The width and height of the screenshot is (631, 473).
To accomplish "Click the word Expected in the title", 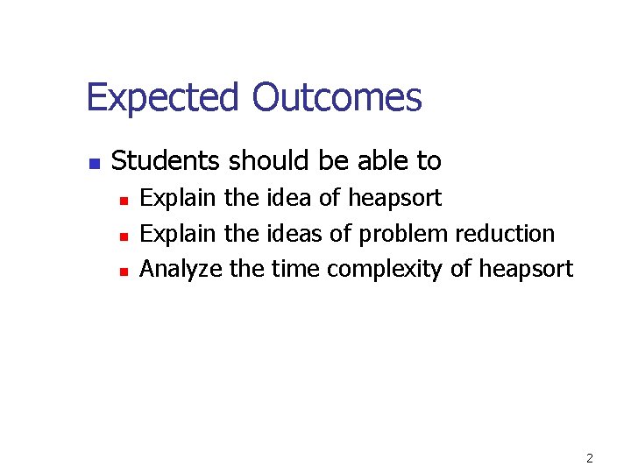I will pyautogui.click(x=163, y=98).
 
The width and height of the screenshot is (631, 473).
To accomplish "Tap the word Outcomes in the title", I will pyautogui.click(x=337, y=98).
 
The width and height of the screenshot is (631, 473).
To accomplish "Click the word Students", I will pyautogui.click(x=167, y=161).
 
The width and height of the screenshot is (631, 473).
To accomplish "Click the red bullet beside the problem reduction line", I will pyautogui.click(x=124, y=236).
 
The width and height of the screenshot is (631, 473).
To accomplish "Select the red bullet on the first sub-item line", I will pyautogui.click(x=124, y=201).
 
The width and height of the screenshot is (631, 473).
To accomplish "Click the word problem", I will pyautogui.click(x=404, y=235).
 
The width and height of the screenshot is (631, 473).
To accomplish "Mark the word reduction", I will pyautogui.click(x=505, y=234).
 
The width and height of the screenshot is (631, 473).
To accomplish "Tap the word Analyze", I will pyautogui.click(x=181, y=270).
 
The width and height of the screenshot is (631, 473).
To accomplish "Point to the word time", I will pyautogui.click(x=295, y=269).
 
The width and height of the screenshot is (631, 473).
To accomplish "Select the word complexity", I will pyautogui.click(x=385, y=270).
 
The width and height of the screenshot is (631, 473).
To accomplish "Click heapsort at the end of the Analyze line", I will pyautogui.click(x=525, y=270).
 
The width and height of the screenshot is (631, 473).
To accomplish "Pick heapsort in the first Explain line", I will pyautogui.click(x=394, y=199).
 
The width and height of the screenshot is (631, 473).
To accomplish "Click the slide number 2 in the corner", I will pyautogui.click(x=590, y=458).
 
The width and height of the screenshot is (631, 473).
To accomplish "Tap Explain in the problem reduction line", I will pyautogui.click(x=179, y=235).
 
